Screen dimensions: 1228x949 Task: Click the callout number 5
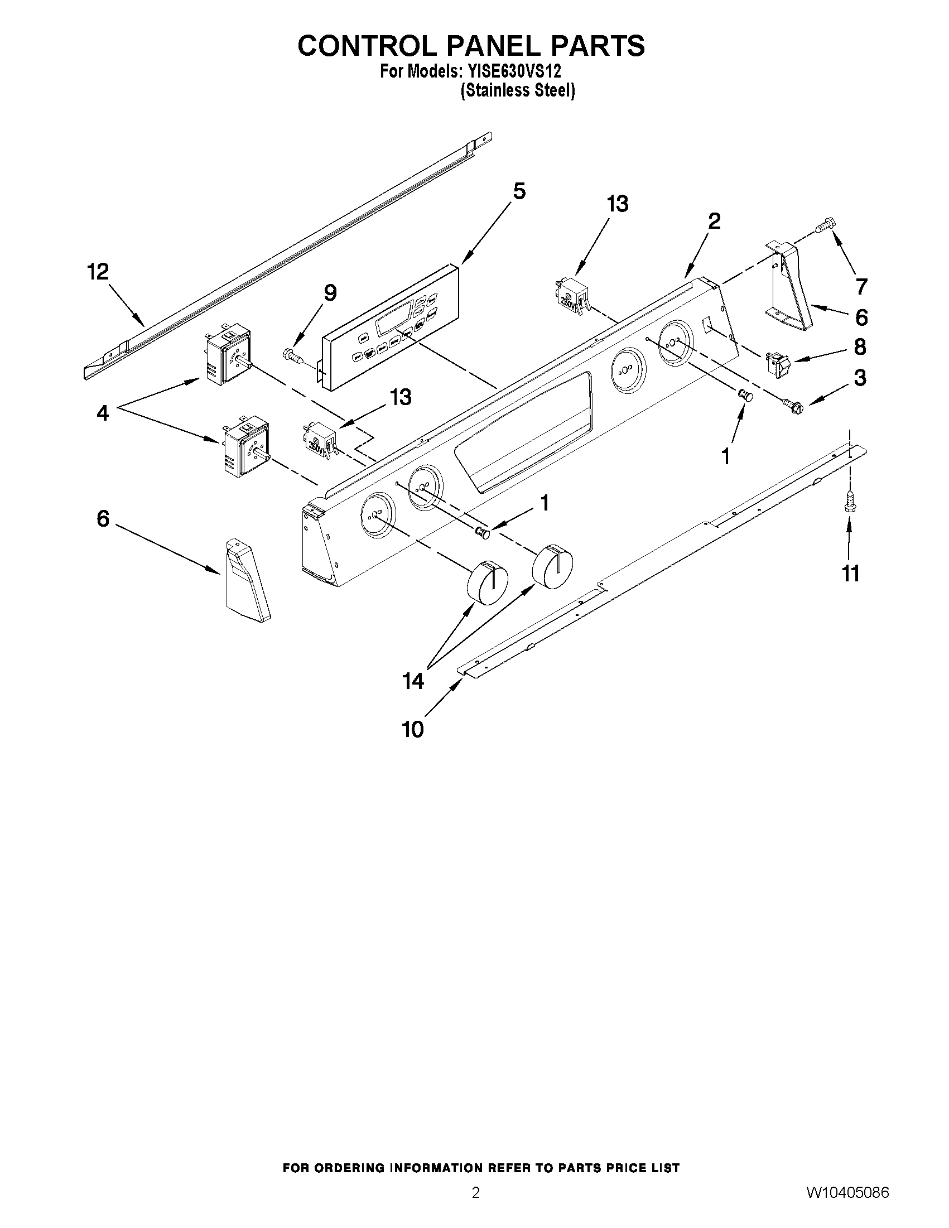[x=519, y=192]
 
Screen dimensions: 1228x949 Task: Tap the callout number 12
[x=98, y=272]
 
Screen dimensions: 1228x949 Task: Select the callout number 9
[x=330, y=293]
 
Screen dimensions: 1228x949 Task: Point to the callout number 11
[x=851, y=574]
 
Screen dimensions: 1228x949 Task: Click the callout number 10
[x=413, y=730]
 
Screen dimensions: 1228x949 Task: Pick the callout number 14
[x=413, y=681]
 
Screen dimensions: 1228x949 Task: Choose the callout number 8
[x=860, y=347]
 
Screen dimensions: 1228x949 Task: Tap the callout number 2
[x=714, y=221]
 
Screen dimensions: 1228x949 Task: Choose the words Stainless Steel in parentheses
[x=517, y=90]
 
